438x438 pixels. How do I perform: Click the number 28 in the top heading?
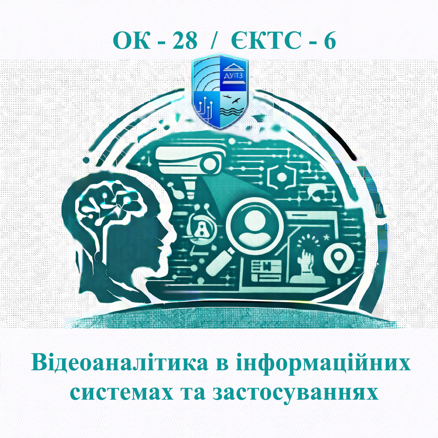click(x=185, y=41)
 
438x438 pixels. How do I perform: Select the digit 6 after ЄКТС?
click(x=329, y=41)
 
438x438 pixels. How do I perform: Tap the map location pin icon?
click(x=339, y=258)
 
